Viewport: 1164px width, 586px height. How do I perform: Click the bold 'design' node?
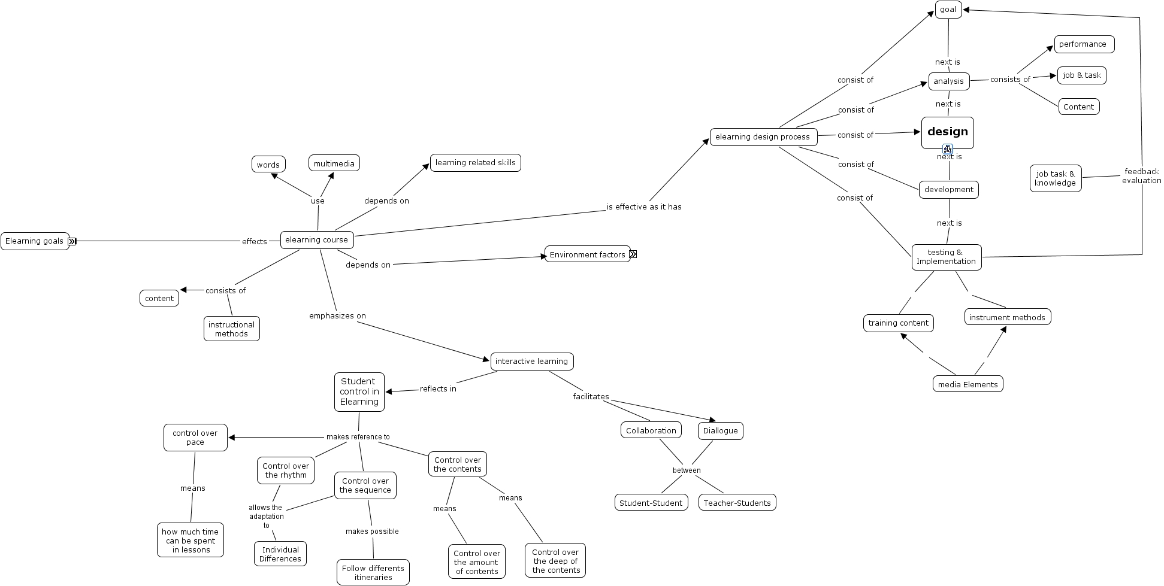pos(947,132)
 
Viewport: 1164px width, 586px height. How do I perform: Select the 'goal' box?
pos(948,10)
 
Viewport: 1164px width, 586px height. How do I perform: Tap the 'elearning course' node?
pos(316,240)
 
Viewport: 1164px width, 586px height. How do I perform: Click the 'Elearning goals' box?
pos(34,241)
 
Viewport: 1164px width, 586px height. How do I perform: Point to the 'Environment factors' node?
pos(587,254)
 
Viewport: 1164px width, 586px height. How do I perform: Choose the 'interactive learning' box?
pos(531,362)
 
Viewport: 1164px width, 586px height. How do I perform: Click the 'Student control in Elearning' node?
pos(359,392)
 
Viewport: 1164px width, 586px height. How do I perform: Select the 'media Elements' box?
pos(968,384)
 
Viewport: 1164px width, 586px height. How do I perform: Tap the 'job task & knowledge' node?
pos(1055,178)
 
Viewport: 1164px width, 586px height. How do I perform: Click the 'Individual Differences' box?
pos(280,554)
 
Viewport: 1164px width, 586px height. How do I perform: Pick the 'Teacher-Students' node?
pos(737,503)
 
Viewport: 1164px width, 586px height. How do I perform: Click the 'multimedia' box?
pos(334,164)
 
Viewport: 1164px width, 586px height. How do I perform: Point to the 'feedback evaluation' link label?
pos(1141,176)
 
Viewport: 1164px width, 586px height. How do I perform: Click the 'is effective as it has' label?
pos(644,207)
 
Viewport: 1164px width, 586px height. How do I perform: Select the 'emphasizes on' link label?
pos(337,316)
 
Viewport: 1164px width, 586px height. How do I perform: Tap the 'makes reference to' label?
pos(358,437)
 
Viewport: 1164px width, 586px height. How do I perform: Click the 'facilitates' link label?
pos(591,397)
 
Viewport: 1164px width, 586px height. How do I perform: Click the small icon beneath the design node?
pos(948,149)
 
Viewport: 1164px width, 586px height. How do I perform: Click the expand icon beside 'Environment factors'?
pos(633,254)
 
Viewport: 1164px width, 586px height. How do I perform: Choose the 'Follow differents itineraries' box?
pos(373,573)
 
